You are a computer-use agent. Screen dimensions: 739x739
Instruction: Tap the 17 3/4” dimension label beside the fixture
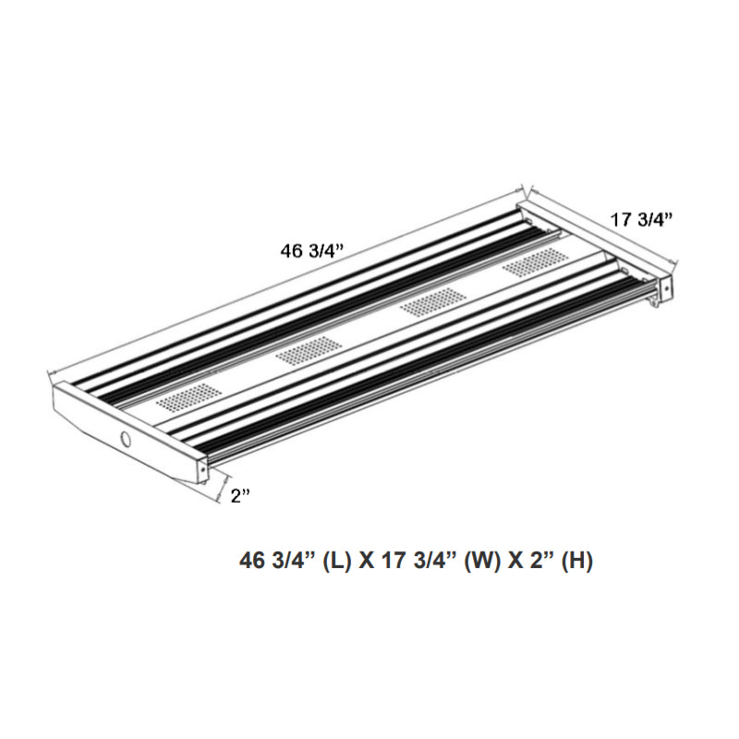click(642, 219)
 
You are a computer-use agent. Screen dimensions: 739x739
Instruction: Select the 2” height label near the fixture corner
click(241, 496)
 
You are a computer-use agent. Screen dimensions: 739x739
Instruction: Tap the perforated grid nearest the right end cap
click(536, 263)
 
